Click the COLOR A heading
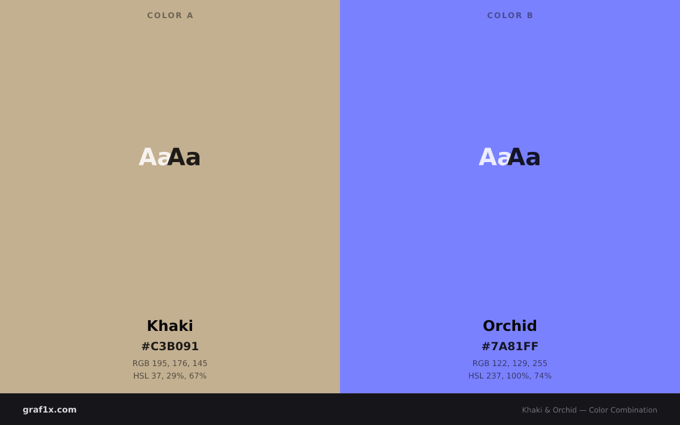170,15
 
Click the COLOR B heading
510,15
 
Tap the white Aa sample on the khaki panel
154,157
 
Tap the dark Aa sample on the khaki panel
184,157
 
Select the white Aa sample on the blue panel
494,157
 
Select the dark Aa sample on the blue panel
524,157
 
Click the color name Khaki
170,326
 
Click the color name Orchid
510,326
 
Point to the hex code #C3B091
170,346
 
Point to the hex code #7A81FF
510,346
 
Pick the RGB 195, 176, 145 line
170,363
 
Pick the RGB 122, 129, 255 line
510,363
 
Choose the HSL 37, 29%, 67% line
170,376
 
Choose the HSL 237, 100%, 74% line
510,376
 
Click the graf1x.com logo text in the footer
49,410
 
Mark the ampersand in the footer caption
547,410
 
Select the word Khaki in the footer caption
532,410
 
